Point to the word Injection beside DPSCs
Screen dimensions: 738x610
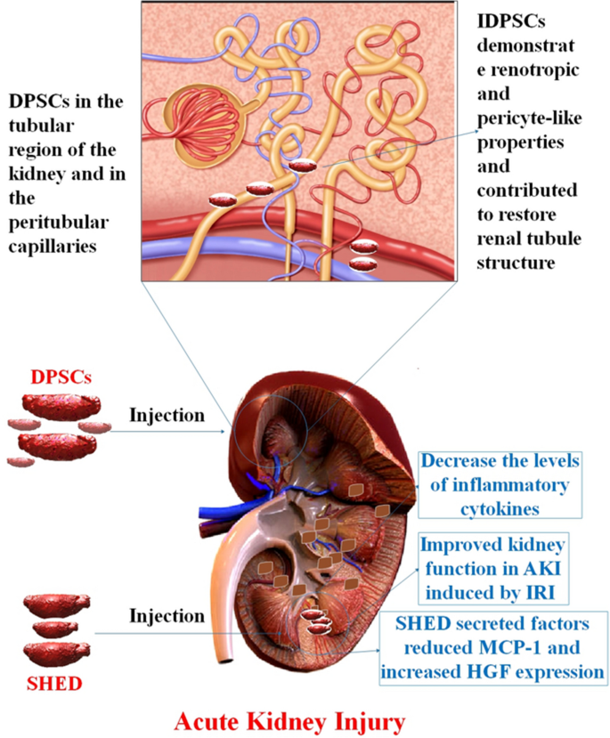tap(167, 415)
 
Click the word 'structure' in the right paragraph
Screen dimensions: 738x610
tap(516, 263)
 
